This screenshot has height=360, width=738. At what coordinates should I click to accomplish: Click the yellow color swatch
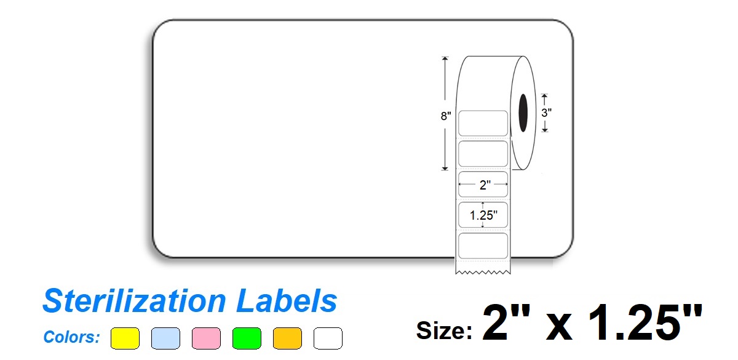125,338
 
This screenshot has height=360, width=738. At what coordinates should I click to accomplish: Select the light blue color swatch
165,338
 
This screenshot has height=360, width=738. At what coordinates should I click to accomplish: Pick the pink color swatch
206,338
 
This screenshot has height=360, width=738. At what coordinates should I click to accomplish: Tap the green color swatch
247,338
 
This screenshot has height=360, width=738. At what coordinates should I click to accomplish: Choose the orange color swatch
287,338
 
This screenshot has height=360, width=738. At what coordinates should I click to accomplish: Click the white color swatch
328,338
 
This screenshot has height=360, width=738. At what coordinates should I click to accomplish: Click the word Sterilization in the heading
133,302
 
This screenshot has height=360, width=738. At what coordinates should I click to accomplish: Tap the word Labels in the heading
286,302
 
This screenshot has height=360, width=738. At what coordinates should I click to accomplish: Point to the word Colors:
72,337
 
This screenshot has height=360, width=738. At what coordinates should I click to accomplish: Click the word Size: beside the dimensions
445,330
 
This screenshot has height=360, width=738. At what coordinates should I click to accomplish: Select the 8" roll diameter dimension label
446,116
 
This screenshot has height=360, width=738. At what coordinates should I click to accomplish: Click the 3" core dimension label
546,113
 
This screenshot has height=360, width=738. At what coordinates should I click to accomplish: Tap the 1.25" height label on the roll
483,215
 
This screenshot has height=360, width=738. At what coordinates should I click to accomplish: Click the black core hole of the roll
523,113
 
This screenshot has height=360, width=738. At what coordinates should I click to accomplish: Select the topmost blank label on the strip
483,123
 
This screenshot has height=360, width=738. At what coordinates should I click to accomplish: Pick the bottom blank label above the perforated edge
483,244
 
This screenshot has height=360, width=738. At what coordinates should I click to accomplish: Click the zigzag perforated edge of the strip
483,271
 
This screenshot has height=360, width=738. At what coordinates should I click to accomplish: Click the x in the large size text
557,326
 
